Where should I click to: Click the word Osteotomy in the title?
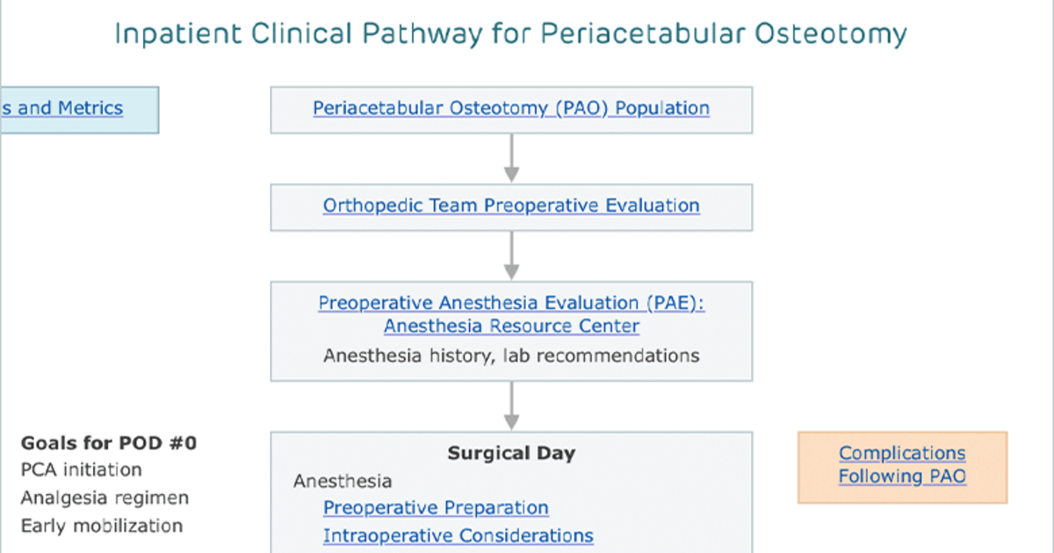tap(831, 34)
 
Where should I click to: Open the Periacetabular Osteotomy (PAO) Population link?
tap(511, 108)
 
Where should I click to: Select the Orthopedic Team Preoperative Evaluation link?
tap(511, 205)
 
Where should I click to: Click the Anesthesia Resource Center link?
tap(511, 326)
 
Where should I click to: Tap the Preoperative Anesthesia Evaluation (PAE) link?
tap(511, 303)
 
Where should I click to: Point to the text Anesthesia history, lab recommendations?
tap(511, 356)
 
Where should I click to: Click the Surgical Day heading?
tap(511, 453)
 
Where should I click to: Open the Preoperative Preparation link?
tap(436, 508)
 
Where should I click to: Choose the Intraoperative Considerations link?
tap(458, 535)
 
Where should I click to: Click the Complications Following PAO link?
tap(903, 464)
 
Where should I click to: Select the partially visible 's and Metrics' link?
tap(61, 108)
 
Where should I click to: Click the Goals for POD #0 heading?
tap(109, 443)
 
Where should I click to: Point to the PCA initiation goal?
tap(82, 470)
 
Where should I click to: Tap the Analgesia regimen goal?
tap(105, 498)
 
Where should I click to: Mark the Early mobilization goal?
tap(102, 526)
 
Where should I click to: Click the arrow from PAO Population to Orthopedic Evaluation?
tap(511, 159)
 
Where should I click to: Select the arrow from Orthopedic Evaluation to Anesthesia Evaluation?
tap(511, 255)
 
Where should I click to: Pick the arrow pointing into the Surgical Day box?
tap(511, 406)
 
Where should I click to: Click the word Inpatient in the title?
tap(178, 34)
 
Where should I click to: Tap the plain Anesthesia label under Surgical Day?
tap(343, 482)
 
